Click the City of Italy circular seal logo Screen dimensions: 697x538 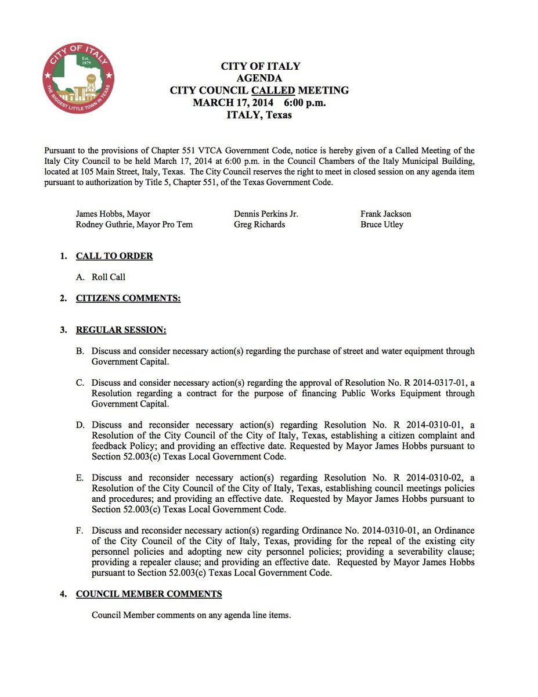tap(78, 78)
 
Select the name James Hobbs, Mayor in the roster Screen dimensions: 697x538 tap(113, 214)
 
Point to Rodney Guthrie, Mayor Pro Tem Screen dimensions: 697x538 tap(134, 224)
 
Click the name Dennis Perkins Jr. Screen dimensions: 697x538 tap(266, 214)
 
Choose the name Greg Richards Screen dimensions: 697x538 tap(259, 224)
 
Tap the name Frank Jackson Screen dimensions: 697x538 tap(385, 214)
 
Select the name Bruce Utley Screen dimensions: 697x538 tap(381, 224)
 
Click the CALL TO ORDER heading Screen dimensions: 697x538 tap(114, 256)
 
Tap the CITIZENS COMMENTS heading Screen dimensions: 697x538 tap(128, 299)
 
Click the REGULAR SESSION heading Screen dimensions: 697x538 tap(121, 330)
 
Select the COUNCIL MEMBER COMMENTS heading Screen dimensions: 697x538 tap(149, 594)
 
